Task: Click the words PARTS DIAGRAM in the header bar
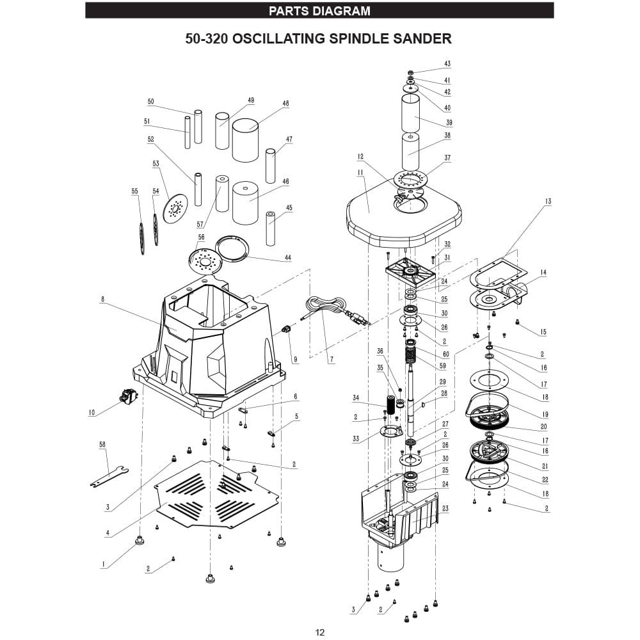click(x=319, y=11)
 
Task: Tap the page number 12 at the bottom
click(x=320, y=632)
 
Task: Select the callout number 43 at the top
click(x=447, y=64)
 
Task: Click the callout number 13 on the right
click(x=548, y=202)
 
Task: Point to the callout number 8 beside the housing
click(x=102, y=299)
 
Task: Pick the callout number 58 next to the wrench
click(x=102, y=444)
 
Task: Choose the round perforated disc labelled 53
click(x=174, y=209)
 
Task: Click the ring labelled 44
click(x=232, y=247)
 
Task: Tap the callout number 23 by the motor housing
click(x=445, y=509)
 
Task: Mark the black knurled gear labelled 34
click(x=388, y=406)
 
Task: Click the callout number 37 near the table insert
click(x=447, y=158)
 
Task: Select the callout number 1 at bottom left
click(x=102, y=564)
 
